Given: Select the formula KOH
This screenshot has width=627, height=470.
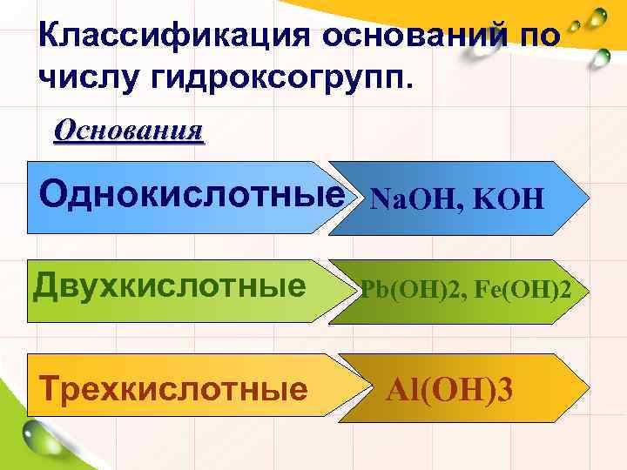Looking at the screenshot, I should pos(509,201).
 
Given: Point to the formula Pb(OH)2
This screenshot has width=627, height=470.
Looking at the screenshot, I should pos(409,290).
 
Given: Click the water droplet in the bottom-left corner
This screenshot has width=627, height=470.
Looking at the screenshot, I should pos(39,436).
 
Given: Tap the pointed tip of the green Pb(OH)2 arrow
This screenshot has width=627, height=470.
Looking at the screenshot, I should pos(583,292).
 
